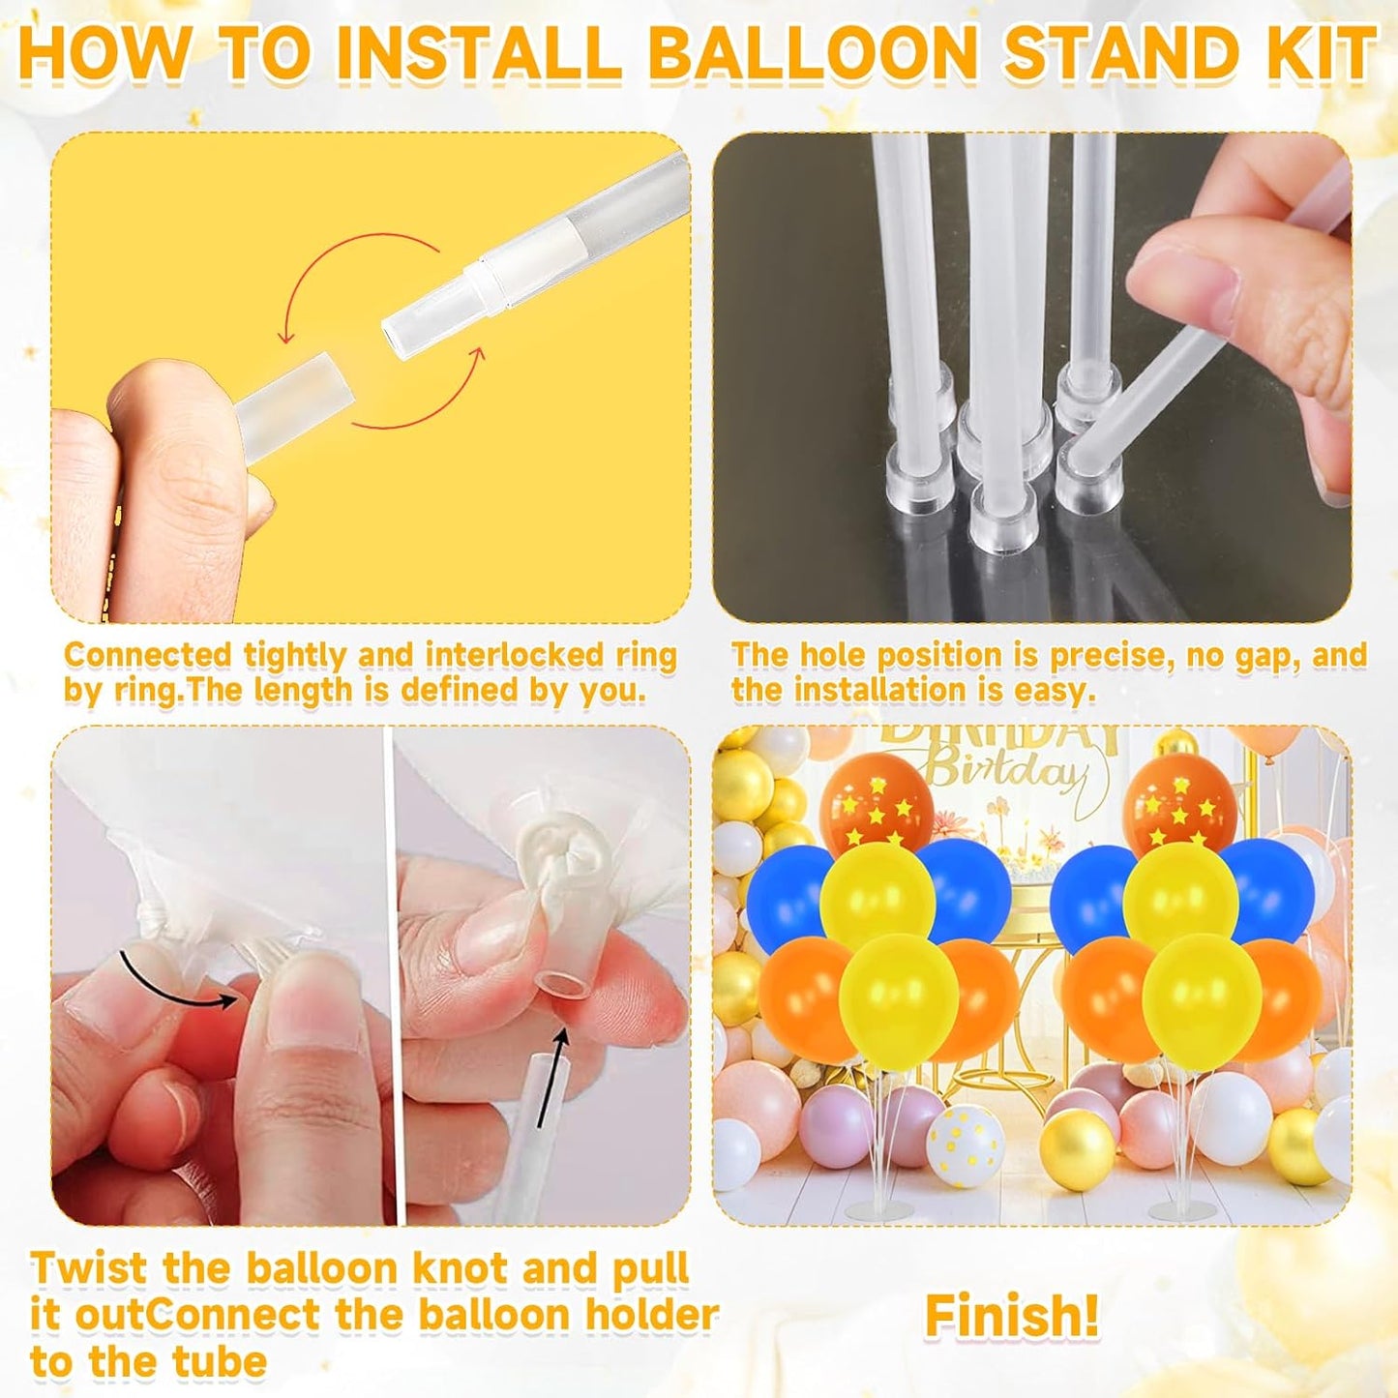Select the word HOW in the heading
click(104, 53)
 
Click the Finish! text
click(1012, 1316)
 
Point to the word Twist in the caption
click(90, 1267)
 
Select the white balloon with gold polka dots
click(965, 1145)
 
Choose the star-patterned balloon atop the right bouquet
click(1179, 803)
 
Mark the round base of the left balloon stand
click(878, 1208)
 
